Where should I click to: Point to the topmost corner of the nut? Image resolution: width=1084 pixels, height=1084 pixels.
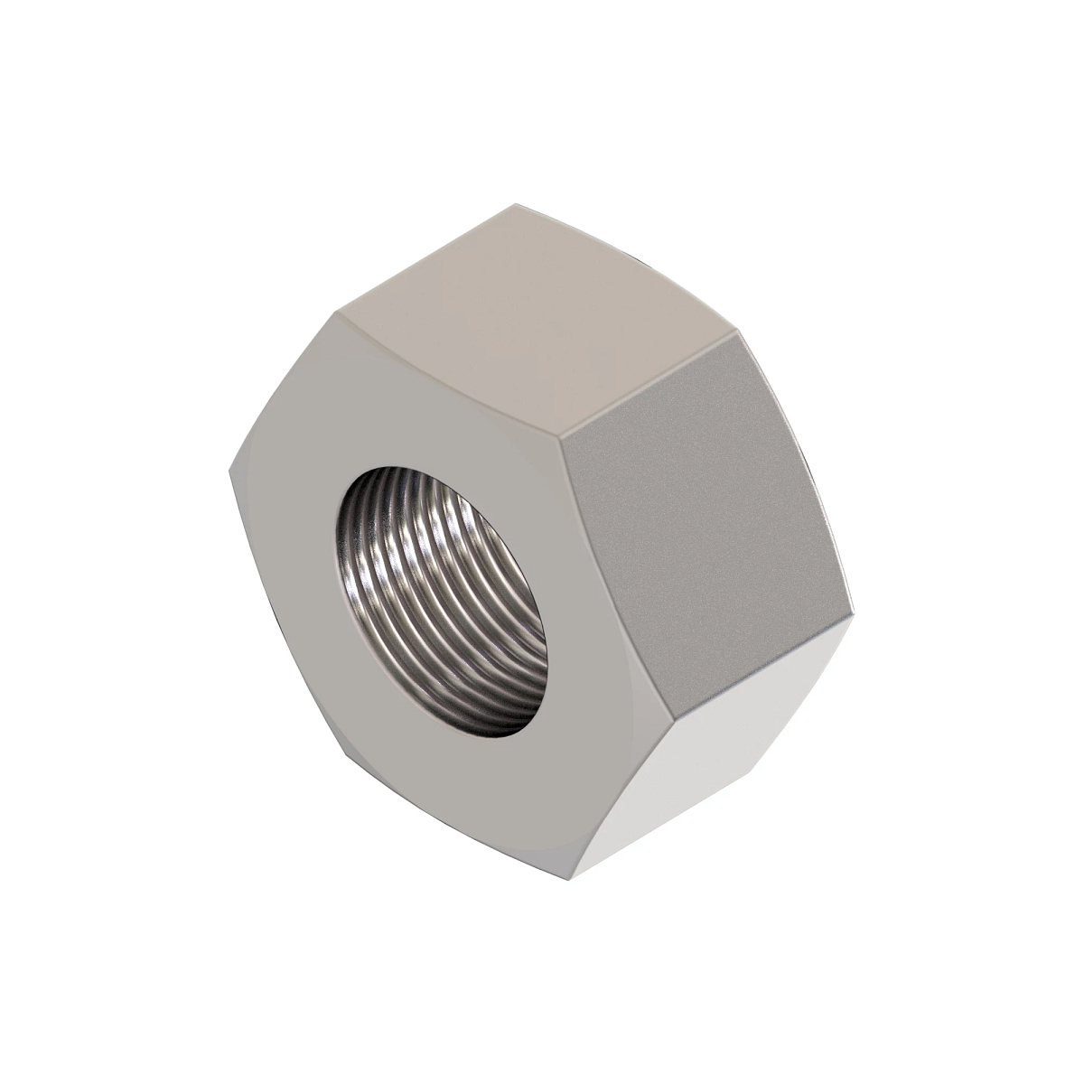513,204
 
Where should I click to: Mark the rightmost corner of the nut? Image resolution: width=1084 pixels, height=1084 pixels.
854,614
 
